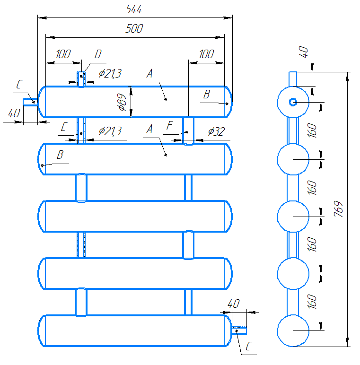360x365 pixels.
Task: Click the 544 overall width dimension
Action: coord(133,9)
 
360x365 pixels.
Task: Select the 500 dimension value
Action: coord(134,28)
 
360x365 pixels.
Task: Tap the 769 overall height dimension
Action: coord(338,209)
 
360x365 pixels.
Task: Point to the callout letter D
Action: coord(98,54)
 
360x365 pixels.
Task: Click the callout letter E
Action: coord(64,127)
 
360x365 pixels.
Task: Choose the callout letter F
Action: coord(169,125)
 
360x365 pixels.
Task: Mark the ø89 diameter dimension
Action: coord(122,102)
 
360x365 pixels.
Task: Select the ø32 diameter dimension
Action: coord(216,131)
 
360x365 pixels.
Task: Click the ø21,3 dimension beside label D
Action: coord(110,74)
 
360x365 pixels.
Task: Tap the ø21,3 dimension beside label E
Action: coord(110,131)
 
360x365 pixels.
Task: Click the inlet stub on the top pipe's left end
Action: coord(30,102)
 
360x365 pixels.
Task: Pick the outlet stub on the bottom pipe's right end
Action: coord(239,330)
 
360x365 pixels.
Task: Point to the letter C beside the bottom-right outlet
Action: coord(249,346)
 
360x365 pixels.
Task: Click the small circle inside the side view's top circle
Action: coord(293,102)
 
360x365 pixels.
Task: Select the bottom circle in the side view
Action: coord(293,330)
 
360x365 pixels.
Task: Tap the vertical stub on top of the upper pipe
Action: coord(81,79)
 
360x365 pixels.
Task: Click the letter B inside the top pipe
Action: coord(207,94)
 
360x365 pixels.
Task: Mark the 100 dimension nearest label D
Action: coord(63,54)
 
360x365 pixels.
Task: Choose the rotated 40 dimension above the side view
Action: coord(303,52)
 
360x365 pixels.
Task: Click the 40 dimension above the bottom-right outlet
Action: coord(234,304)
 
